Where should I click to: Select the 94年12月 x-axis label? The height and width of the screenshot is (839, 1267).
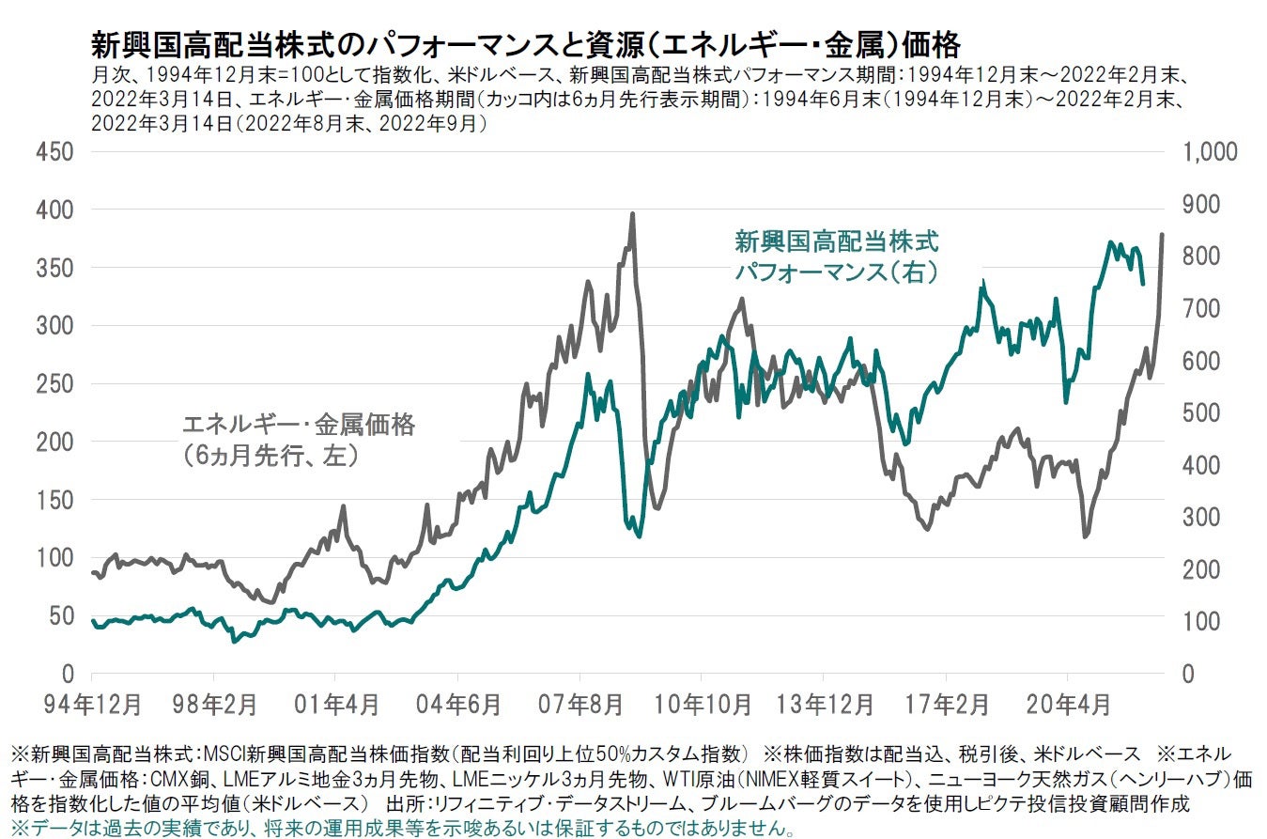[92, 703]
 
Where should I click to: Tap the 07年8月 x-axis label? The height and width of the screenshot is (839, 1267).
[579, 703]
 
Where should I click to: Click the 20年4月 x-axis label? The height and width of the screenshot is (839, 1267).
[1068, 703]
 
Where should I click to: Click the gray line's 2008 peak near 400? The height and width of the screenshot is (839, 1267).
[632, 214]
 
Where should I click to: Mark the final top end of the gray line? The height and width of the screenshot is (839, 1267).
[1163, 235]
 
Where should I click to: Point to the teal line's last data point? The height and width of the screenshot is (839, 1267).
[1142, 283]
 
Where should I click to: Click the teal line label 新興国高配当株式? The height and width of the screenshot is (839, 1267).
[836, 242]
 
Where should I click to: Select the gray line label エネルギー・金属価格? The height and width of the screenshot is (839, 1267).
[298, 425]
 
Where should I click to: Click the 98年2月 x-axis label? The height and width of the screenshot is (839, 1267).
[214, 703]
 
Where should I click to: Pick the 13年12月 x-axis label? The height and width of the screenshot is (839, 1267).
[823, 703]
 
